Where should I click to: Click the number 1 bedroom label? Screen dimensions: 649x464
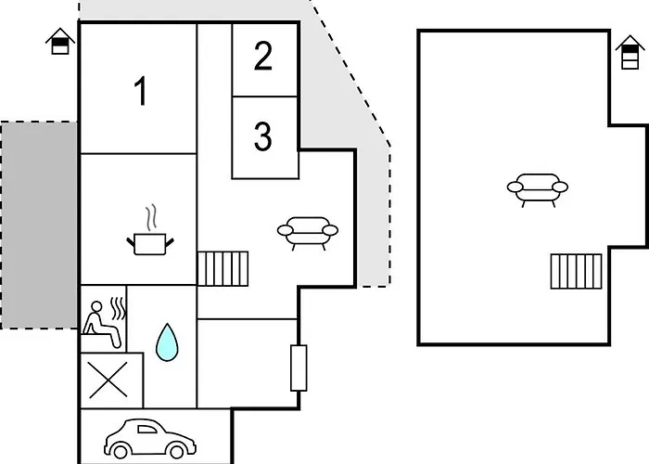point(141,91)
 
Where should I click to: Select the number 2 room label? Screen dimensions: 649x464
point(263,56)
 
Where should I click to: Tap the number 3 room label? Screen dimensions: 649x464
point(262,135)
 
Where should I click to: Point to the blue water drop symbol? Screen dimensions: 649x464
point(167,342)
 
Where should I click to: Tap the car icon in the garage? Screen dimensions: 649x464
point(150,439)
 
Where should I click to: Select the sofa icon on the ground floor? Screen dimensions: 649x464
point(308,233)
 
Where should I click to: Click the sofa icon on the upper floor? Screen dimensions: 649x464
point(537,189)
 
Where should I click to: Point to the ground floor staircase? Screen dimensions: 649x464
point(223,268)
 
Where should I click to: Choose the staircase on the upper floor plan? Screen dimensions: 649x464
point(576,271)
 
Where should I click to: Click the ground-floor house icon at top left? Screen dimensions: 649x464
point(60,41)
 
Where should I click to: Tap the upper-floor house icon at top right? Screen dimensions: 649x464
point(630,52)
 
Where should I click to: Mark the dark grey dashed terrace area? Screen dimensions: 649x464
point(39,226)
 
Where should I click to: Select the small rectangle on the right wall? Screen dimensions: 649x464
point(299,367)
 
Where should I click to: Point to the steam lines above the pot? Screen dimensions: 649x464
point(151,216)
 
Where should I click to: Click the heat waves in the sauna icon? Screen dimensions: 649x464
point(118,309)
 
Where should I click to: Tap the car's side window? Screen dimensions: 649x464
point(146,429)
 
